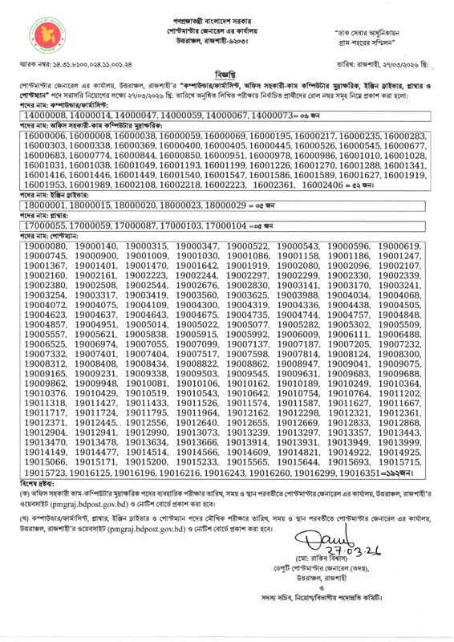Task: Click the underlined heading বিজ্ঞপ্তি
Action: click(x=227, y=70)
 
